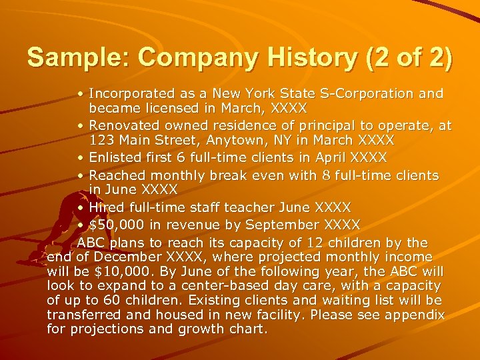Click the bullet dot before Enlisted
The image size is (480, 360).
pyautogui.click(x=80, y=159)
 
